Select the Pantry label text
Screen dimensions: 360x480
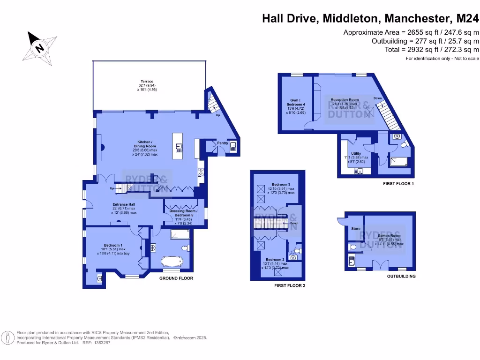point(222,143)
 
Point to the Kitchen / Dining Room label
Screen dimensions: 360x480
point(147,148)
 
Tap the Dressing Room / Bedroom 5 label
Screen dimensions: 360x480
point(183,215)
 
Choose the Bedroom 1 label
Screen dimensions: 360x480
point(113,246)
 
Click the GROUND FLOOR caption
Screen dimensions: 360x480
point(176,278)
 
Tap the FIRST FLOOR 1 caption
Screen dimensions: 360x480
point(398,184)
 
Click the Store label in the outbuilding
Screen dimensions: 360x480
point(356,229)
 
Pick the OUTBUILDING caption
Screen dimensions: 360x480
point(401,277)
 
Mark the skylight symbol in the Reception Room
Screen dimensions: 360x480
point(370,112)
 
